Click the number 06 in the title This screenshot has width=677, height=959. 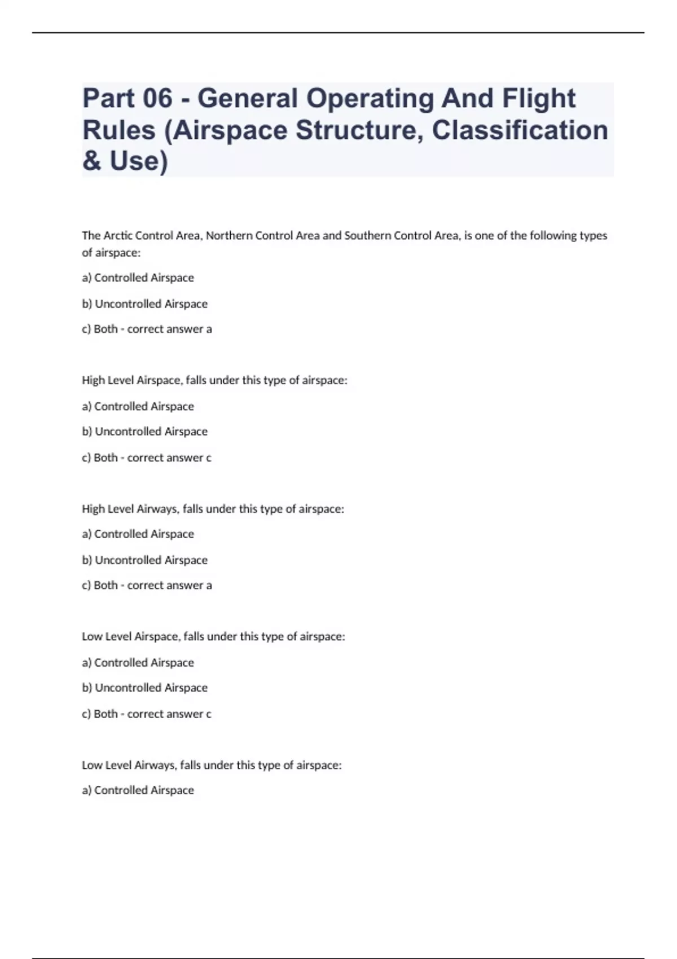pyautogui.click(x=157, y=98)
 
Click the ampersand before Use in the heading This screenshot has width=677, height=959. pyautogui.click(x=91, y=161)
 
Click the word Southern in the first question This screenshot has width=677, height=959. pyautogui.click(x=367, y=236)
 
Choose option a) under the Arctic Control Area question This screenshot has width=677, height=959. pyautogui.click(x=138, y=278)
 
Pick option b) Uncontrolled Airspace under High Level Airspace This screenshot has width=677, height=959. pyautogui.click(x=145, y=432)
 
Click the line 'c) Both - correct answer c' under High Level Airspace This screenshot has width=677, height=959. pyautogui.click(x=147, y=457)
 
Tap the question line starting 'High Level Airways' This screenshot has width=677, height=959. pyautogui.click(x=213, y=509)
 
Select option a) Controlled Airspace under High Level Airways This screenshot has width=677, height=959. pyautogui.click(x=138, y=534)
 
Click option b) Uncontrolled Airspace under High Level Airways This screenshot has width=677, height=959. pyautogui.click(x=145, y=560)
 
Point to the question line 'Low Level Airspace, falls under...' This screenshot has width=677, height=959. pyautogui.click(x=213, y=636)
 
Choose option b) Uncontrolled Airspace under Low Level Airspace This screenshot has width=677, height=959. pyautogui.click(x=145, y=688)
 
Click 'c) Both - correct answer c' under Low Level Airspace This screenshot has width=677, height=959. pyautogui.click(x=147, y=714)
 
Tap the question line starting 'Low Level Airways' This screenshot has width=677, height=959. pyautogui.click(x=212, y=765)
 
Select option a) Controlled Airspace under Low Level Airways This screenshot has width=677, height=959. pyautogui.click(x=138, y=790)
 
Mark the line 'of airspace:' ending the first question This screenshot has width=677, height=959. pyautogui.click(x=111, y=253)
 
